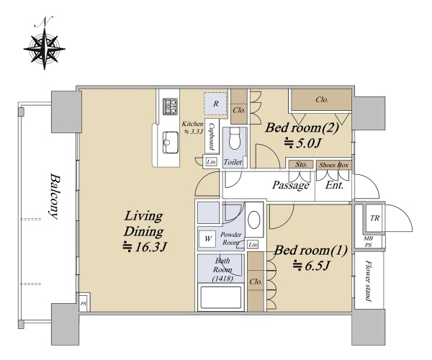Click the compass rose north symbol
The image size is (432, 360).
pos(45,44)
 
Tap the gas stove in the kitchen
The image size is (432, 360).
pos(171,107)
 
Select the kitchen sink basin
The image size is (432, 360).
pos(170,142)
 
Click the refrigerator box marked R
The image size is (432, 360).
pos(216,104)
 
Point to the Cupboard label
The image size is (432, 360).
pos(212,136)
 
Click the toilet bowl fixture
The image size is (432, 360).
pos(235,138)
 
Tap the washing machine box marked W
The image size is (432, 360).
pos(208,238)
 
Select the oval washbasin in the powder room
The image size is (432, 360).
pos(254,220)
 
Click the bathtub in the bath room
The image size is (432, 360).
pos(221,298)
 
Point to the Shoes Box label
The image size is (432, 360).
pos(333,165)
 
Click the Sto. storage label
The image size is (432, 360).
pos(301,164)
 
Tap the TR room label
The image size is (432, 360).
pos(374,218)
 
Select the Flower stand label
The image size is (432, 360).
pos(369,281)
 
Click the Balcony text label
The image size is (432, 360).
pos(55,196)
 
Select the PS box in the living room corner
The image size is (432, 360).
pos(84,303)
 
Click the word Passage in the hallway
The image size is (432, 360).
pos(291,185)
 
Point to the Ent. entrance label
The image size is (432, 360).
pos(335,185)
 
